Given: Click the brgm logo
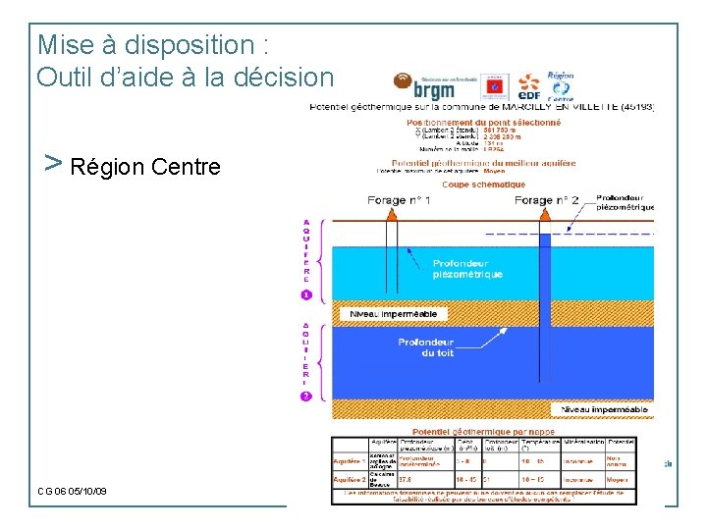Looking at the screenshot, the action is [424, 85].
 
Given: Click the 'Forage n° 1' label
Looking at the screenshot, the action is [399, 200].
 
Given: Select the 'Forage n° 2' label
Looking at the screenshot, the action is [547, 200].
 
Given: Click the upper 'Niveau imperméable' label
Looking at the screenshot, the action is [394, 314].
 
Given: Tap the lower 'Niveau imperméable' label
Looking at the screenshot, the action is [605, 409].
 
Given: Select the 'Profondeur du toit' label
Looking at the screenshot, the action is [425, 347].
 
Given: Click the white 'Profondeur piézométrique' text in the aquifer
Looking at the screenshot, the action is [467, 269].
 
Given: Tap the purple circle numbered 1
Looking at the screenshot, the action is [306, 294].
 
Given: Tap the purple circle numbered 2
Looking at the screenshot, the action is [306, 396].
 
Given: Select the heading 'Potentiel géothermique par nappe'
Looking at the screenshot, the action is [483, 432].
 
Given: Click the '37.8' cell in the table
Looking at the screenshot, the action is [408, 480].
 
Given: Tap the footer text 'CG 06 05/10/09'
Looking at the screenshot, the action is [73, 491].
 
